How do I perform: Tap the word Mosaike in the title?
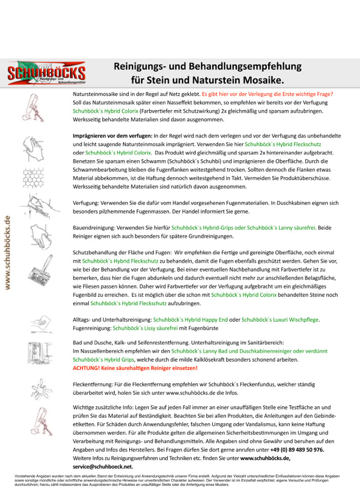pyautogui.click(x=261, y=81)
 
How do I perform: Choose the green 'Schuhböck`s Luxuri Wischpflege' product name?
pyautogui.click(x=280, y=320)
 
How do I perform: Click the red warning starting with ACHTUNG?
pyautogui.click(x=135, y=368)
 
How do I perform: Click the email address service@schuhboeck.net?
pyautogui.click(x=103, y=467)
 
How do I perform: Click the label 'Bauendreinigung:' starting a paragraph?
pyautogui.click(x=95, y=227)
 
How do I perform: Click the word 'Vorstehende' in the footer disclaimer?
pyautogui.click(x=26, y=476)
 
